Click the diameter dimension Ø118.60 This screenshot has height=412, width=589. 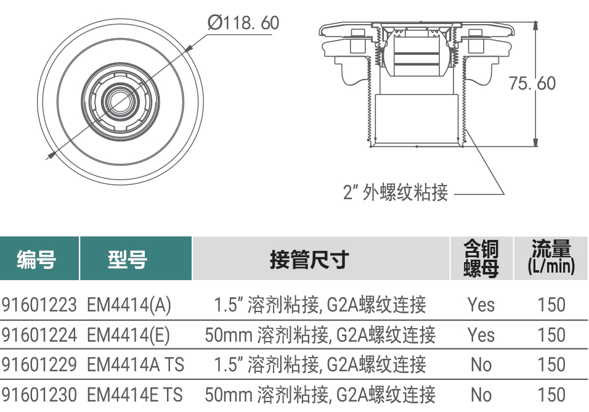(243, 23)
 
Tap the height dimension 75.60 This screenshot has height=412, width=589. (532, 83)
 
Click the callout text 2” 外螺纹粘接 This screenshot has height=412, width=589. (396, 192)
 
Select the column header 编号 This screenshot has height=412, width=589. (36, 259)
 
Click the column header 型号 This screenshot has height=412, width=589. (128, 259)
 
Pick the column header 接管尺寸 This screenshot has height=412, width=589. (309, 259)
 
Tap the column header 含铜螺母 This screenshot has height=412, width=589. (481, 258)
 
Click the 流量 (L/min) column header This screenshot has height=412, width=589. (551, 257)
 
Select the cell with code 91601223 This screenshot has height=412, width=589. (39, 305)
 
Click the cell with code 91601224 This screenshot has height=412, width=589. (39, 335)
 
